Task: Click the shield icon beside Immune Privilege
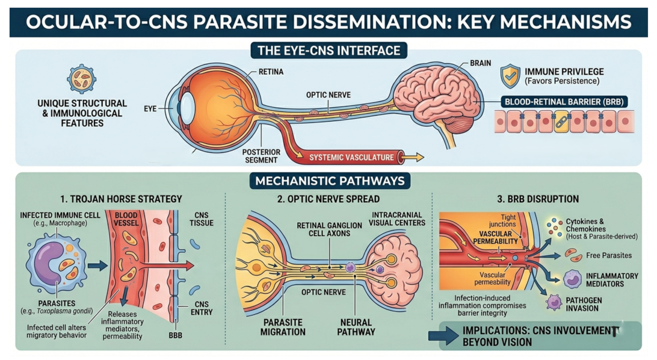tap(510, 76)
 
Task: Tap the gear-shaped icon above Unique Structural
tap(82, 78)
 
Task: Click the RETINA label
tap(271, 72)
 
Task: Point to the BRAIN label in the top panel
tap(480, 63)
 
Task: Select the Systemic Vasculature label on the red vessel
tap(351, 158)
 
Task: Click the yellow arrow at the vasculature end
tap(413, 158)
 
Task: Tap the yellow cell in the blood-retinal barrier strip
tap(561, 122)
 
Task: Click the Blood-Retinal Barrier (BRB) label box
tap(564, 101)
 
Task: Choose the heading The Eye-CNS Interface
tap(329, 51)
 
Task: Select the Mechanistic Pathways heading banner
tap(330, 181)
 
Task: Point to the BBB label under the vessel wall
tap(175, 335)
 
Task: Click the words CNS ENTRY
tap(202, 308)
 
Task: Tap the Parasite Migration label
tap(283, 327)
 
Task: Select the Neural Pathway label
tap(356, 327)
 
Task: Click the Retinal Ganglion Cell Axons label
tap(329, 229)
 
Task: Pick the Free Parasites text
tap(609, 255)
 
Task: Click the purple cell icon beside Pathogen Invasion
tap(554, 302)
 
